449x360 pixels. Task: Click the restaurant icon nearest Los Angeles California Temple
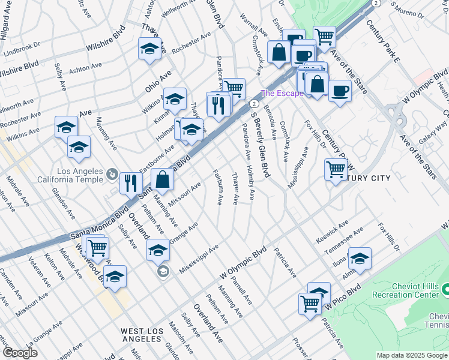coord(130,182)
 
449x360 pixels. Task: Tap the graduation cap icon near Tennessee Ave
coord(360,258)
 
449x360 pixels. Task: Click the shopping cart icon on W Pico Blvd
coord(310,302)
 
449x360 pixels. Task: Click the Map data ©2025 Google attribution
coord(412,355)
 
